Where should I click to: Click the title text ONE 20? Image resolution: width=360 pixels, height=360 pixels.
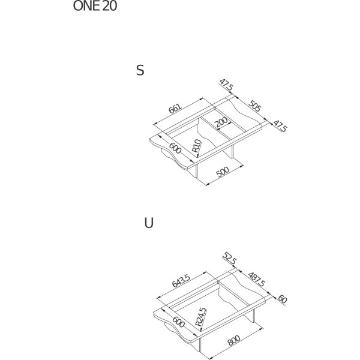(x=95, y=6)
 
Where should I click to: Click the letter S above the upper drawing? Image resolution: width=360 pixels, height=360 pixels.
(x=140, y=70)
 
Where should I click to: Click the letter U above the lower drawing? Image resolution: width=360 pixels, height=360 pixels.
(x=149, y=223)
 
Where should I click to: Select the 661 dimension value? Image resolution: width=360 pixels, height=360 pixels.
(x=175, y=109)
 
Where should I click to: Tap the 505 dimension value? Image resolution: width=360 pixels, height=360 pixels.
(x=255, y=106)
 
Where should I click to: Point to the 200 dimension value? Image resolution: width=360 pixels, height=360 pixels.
(x=221, y=122)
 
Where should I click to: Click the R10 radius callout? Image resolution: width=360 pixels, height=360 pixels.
(x=197, y=146)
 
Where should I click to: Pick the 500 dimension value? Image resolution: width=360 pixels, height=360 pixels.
(x=223, y=172)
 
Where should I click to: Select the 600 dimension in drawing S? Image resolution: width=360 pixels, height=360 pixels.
(x=175, y=148)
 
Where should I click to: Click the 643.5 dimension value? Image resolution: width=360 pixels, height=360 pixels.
(x=181, y=281)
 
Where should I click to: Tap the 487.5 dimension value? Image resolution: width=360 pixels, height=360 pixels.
(x=256, y=280)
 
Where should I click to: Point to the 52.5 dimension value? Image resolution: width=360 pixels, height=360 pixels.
(x=229, y=258)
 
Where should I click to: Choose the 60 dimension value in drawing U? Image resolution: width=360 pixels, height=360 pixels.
(x=283, y=299)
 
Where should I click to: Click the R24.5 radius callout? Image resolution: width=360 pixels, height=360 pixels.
(x=200, y=317)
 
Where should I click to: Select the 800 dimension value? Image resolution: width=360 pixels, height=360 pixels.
(x=234, y=340)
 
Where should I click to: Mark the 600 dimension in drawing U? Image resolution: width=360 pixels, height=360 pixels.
(x=178, y=322)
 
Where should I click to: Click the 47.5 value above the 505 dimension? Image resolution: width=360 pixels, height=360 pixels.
(x=226, y=85)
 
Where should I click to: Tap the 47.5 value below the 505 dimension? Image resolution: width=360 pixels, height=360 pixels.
(x=280, y=126)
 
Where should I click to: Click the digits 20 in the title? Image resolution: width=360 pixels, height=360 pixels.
(x=109, y=6)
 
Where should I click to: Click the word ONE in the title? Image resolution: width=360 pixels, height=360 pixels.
(x=86, y=6)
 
